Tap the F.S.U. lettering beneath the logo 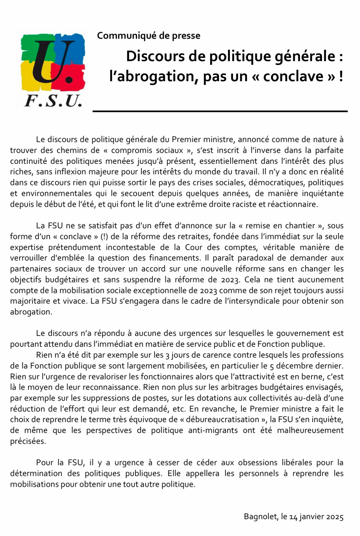(53, 101)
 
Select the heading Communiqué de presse (149, 36)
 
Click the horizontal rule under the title (220, 112)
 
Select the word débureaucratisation (223, 420)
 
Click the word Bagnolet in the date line (261, 517)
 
